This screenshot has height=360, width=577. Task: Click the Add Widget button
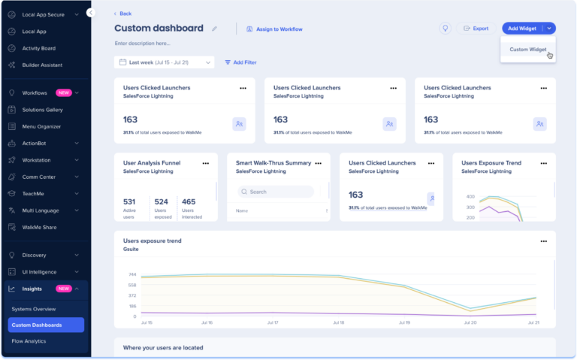pyautogui.click(x=522, y=29)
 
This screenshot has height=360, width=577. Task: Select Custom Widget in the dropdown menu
pyautogui.click(x=527, y=50)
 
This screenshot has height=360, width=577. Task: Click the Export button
pyautogui.click(x=476, y=29)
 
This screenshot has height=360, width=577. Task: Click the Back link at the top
pyautogui.click(x=122, y=14)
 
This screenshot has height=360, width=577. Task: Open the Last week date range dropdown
pyautogui.click(x=165, y=62)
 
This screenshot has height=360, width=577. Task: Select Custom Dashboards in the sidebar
pyautogui.click(x=37, y=325)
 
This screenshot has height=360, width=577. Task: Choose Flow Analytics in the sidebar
pyautogui.click(x=29, y=341)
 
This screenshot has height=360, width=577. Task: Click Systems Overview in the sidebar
pyautogui.click(x=34, y=309)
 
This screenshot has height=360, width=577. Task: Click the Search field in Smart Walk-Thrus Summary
pyautogui.click(x=276, y=192)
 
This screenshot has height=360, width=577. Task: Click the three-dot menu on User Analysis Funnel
pyautogui.click(x=205, y=162)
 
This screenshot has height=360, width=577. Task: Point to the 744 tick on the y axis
pyautogui.click(x=132, y=274)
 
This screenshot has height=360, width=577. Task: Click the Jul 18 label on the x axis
pyautogui.click(x=337, y=322)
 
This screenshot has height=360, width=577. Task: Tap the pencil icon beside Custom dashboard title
pyautogui.click(x=214, y=29)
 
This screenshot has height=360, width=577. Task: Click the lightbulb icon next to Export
pyautogui.click(x=445, y=29)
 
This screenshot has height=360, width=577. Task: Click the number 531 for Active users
pyautogui.click(x=129, y=201)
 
